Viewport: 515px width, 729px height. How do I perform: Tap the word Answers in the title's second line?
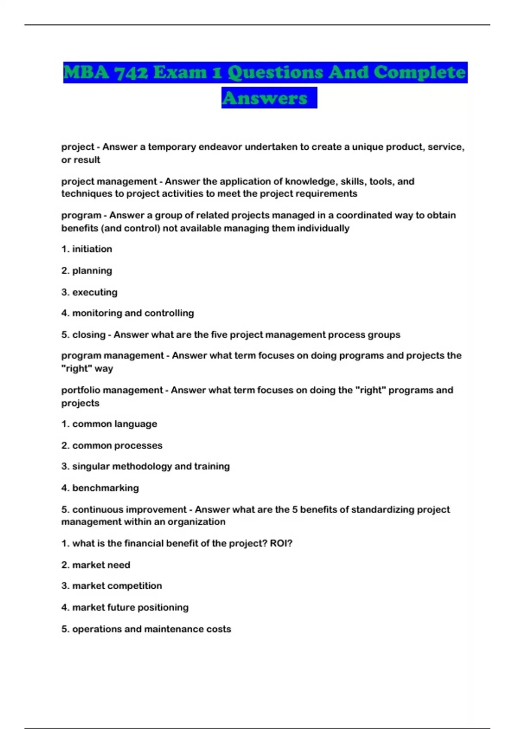pos(265,98)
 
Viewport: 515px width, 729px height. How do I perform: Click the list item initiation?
pos(92,249)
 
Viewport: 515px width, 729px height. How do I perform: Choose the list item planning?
pos(92,271)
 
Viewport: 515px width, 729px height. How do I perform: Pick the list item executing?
pos(94,292)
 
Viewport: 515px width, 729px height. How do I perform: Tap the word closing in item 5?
pos(88,335)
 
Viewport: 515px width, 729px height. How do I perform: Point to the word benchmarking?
pos(105,488)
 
